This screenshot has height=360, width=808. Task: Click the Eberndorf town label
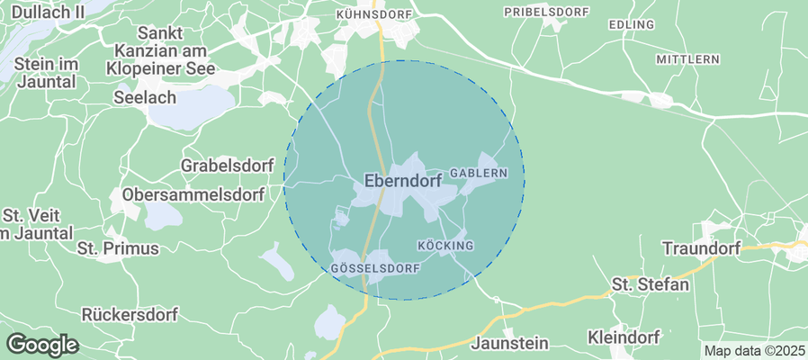point(402,181)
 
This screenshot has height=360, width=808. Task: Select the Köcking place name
point(445,246)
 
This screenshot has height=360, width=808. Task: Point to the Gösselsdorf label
point(377,269)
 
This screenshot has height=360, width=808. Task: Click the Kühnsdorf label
point(373,15)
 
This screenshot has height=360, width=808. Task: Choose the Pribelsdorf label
point(546,12)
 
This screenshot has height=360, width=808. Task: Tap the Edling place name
point(632,24)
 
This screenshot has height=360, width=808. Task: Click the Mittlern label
point(687,59)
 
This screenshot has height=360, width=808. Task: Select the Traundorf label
point(701,247)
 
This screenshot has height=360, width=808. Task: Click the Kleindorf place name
point(623,337)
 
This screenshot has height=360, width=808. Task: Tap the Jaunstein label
point(509,343)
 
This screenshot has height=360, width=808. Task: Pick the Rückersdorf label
point(130,315)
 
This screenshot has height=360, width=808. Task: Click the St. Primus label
point(118,247)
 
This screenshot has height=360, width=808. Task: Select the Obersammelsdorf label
point(193,195)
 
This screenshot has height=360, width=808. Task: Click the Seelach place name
point(145,96)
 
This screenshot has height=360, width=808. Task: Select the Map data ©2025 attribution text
point(754,351)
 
